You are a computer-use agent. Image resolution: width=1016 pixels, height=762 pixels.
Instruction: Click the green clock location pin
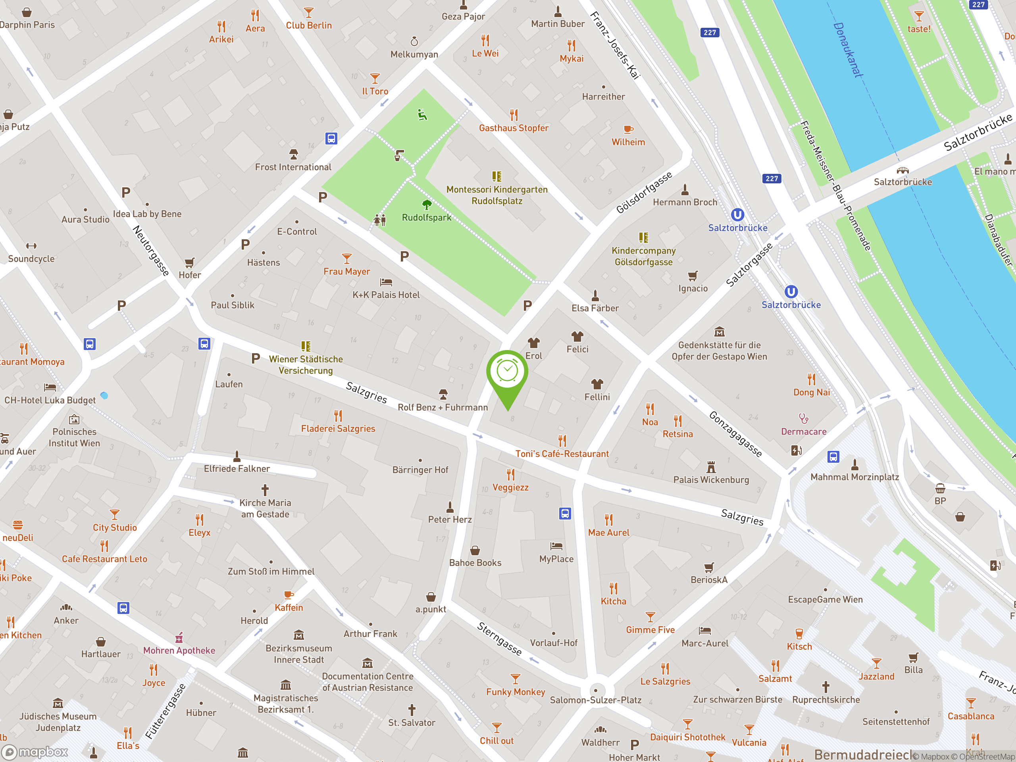[x=507, y=372]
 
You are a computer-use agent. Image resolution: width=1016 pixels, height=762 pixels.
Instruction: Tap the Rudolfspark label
[x=426, y=218]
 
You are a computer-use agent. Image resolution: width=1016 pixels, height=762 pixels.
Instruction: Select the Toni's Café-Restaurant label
[x=562, y=454]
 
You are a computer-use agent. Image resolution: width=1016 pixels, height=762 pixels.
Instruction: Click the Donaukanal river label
[x=848, y=50]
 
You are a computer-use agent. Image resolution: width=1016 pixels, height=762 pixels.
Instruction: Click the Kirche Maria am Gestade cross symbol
[x=265, y=490]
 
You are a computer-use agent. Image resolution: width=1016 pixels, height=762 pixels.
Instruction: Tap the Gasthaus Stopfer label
[x=514, y=128]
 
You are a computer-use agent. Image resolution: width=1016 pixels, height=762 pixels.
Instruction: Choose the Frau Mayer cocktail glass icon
[x=347, y=258]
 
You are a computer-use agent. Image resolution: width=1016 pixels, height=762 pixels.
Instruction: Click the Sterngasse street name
[x=499, y=639]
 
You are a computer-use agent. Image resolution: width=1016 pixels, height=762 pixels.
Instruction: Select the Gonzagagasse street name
[x=735, y=434]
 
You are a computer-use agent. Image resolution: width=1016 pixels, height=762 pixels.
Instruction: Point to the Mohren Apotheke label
[x=179, y=650]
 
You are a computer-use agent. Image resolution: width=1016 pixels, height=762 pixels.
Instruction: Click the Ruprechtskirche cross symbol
[x=826, y=687]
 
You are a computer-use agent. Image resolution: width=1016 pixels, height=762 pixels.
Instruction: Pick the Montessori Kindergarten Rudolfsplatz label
[x=497, y=195]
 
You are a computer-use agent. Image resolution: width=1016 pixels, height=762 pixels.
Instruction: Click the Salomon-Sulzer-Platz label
[x=596, y=700]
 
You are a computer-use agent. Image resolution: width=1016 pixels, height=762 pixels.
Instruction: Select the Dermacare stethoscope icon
[x=803, y=418]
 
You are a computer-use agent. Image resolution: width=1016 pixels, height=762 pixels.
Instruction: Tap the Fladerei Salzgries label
[x=338, y=429]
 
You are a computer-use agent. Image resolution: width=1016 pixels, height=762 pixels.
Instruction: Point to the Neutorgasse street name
[x=151, y=250]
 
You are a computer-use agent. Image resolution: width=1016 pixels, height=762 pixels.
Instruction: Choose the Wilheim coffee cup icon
[x=628, y=129]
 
